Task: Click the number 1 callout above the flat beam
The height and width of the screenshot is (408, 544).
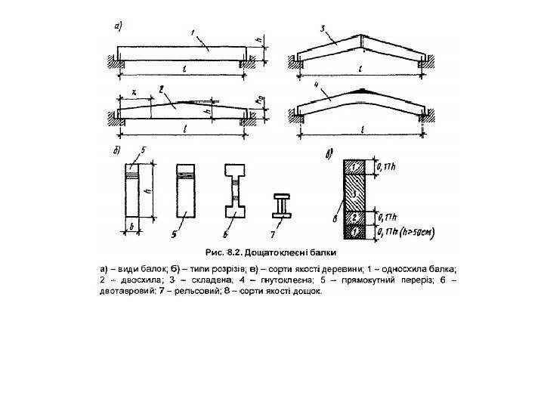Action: click(194, 32)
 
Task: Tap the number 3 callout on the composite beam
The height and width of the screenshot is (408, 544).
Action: click(323, 29)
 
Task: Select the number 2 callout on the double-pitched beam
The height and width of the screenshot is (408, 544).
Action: click(162, 89)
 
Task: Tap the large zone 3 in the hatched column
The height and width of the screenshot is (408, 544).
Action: click(354, 193)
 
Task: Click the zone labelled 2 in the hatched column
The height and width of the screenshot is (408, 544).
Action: click(354, 218)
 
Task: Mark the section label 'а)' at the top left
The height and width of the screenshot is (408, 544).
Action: click(118, 26)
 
